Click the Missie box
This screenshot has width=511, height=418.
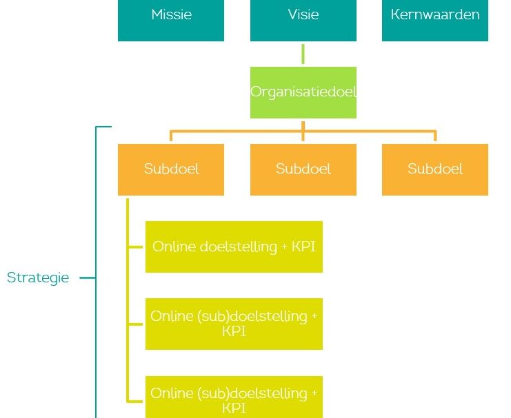point(171,20)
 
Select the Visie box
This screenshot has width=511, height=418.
point(303,20)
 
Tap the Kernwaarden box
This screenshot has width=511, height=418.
point(435,20)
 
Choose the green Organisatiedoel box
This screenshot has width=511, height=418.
point(303,92)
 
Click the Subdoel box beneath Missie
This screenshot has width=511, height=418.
point(171,169)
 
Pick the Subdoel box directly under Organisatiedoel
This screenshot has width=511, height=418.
point(303,169)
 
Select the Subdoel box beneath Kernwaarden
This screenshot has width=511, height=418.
point(435,169)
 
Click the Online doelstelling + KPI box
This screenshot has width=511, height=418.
point(234,247)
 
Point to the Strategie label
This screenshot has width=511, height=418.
point(38,278)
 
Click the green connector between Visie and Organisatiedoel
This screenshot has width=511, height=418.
point(303,54)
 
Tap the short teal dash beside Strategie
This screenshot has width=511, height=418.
point(88,278)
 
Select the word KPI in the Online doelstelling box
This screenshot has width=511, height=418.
point(303,247)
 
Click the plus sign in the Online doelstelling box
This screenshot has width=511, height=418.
point(284,247)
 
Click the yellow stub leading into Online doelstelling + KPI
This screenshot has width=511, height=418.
point(136,247)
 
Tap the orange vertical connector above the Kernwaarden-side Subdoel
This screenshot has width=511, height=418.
point(435,136)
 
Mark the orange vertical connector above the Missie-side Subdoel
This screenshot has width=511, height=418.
point(171,136)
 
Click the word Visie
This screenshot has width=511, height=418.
point(303,14)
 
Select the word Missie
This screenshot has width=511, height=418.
point(172,14)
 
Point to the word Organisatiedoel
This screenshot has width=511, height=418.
point(303,92)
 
